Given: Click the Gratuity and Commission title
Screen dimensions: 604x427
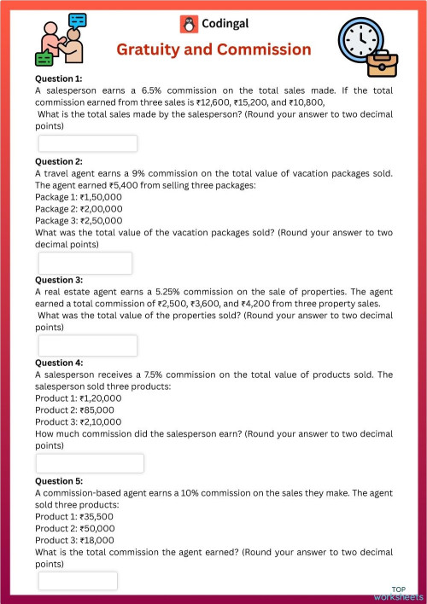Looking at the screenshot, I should [x=213, y=49].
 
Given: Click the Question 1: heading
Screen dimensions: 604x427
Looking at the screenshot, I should [x=59, y=78].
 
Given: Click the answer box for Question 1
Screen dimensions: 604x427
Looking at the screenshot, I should [x=87, y=143].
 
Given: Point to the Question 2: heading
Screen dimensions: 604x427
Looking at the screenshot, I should [x=59, y=161].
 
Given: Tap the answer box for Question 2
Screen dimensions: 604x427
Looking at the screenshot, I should [x=85, y=263].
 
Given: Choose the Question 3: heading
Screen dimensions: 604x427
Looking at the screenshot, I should [x=59, y=280].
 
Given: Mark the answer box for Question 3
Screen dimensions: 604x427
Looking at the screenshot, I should [x=87, y=346].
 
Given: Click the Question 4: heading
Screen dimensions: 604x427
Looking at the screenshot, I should [x=59, y=363].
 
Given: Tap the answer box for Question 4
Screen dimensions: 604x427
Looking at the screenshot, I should [x=90, y=463].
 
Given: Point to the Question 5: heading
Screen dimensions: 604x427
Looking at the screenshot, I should [x=59, y=480].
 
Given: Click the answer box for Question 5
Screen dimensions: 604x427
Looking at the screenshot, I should [x=77, y=581].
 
